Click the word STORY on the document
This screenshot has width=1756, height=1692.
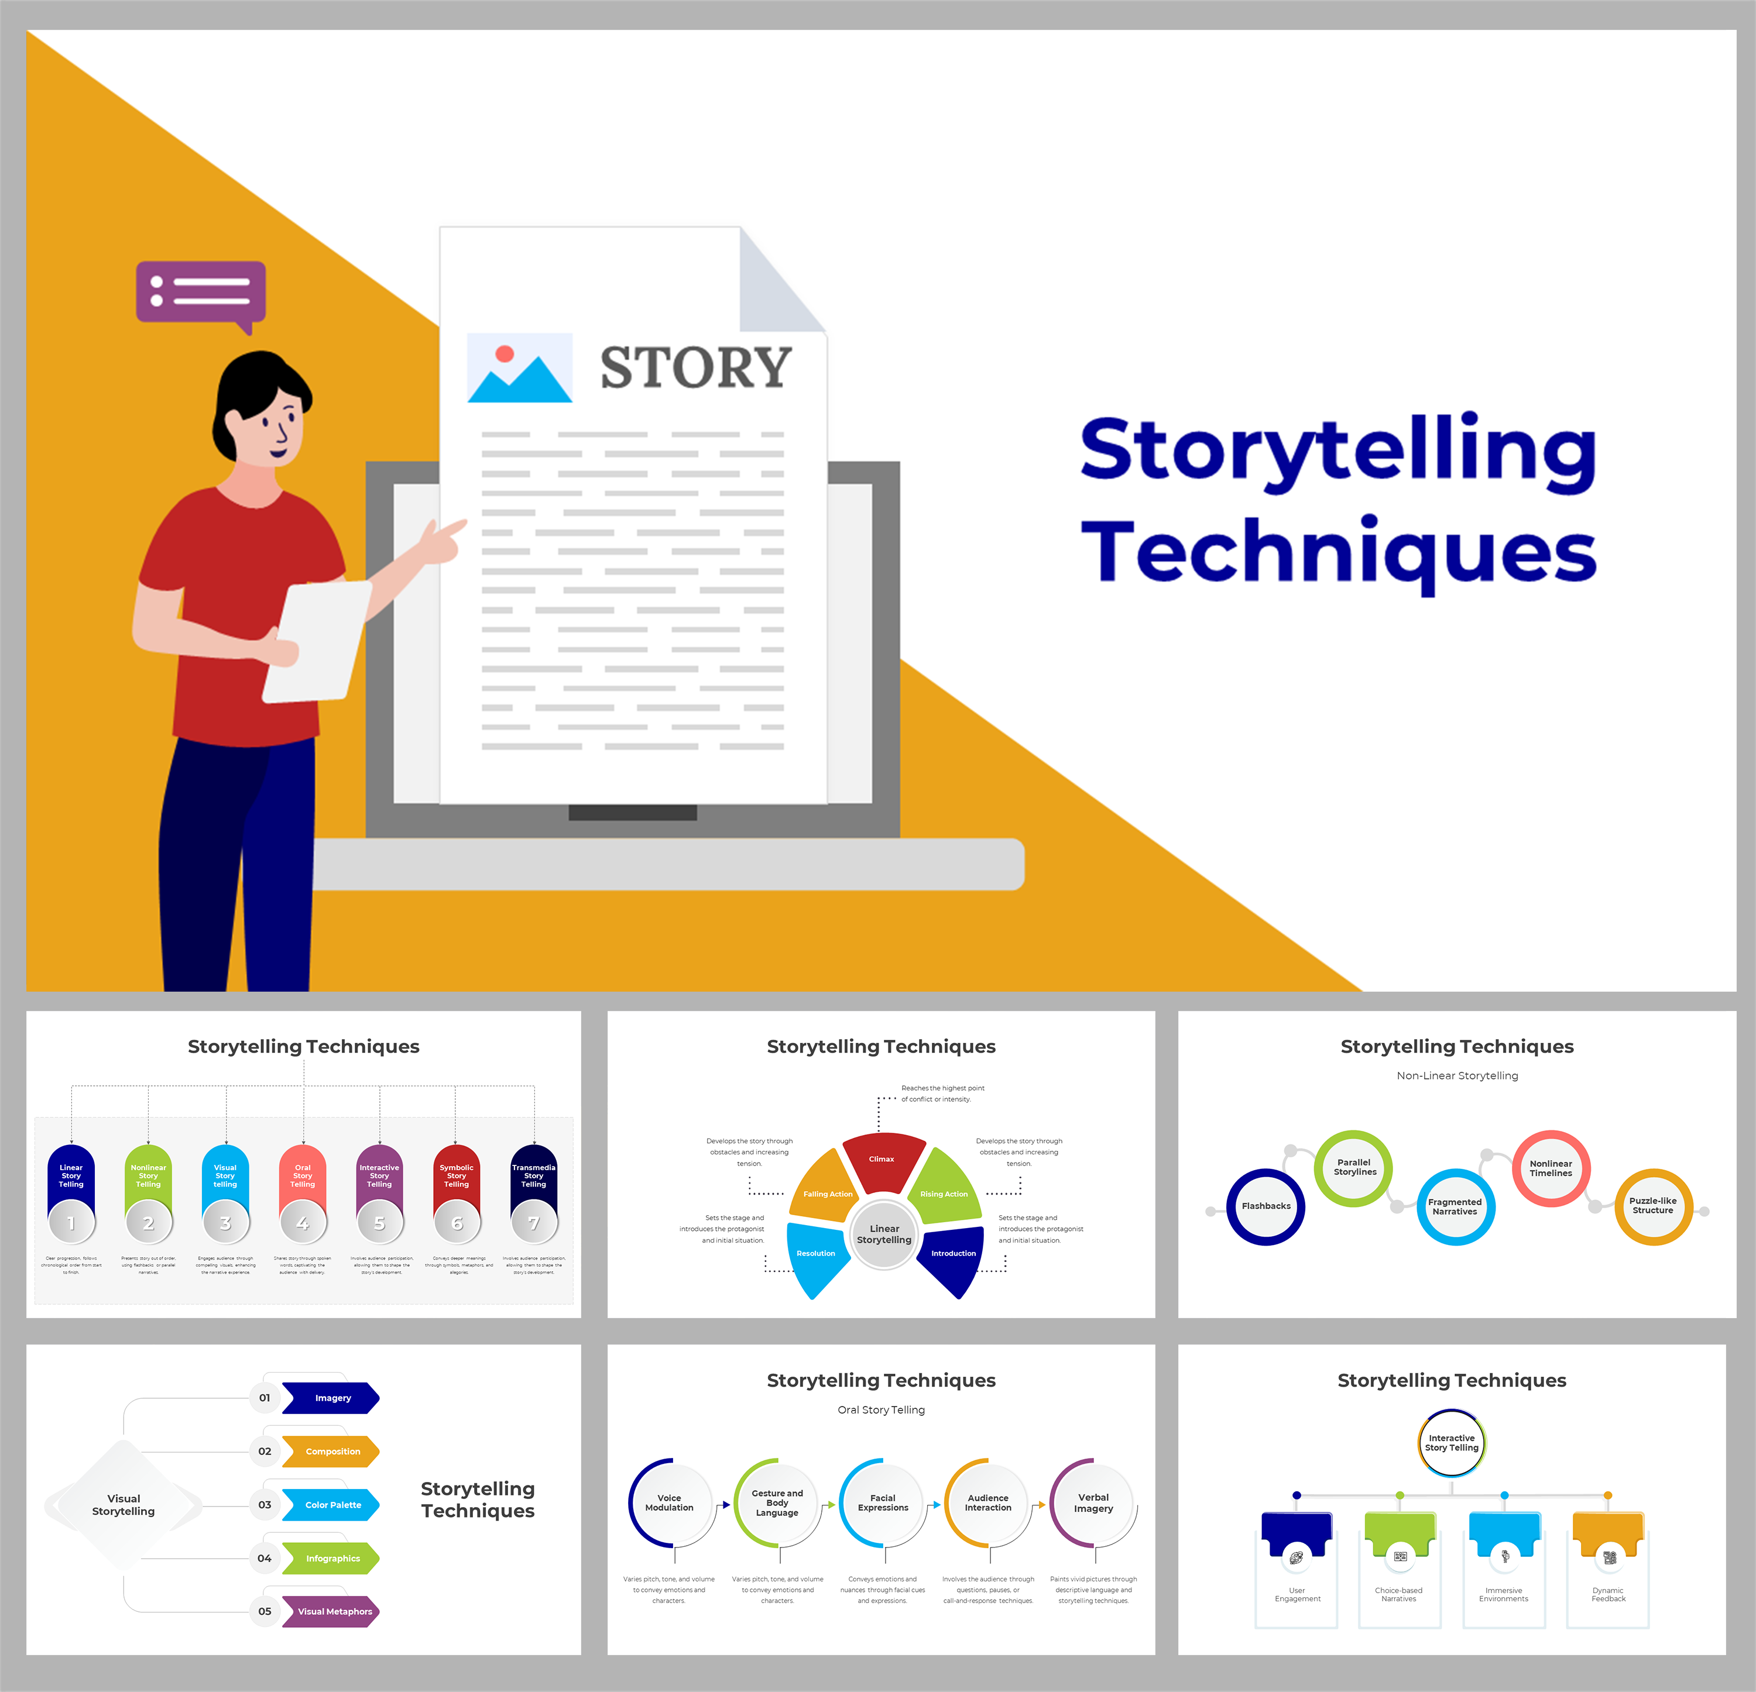click(x=695, y=367)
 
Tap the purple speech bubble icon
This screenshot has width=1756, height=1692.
click(x=201, y=291)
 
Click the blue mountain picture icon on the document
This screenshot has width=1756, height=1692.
click(x=520, y=368)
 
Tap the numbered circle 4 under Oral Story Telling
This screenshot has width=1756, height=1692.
click(x=303, y=1223)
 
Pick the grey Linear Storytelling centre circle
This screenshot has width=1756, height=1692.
click(x=884, y=1234)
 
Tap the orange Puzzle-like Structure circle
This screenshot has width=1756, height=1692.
click(x=1653, y=1206)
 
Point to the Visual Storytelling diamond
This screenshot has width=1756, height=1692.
click(x=124, y=1505)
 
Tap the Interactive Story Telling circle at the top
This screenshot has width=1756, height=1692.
click(x=1452, y=1443)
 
